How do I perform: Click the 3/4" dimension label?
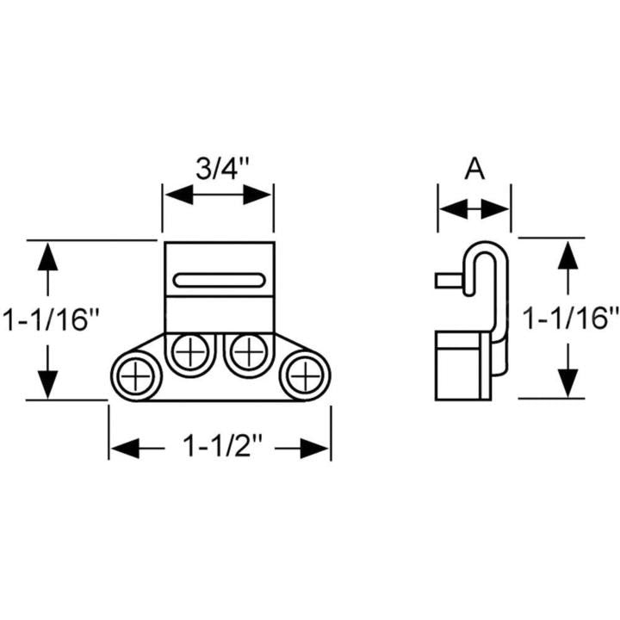pyautogui.click(x=218, y=167)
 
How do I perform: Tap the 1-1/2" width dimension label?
pyautogui.click(x=220, y=448)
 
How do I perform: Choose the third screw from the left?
pyautogui.click(x=248, y=351)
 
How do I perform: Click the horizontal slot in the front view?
pyautogui.click(x=219, y=280)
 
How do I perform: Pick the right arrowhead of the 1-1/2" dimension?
pyautogui.click(x=319, y=448)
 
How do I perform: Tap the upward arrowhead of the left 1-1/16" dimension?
pyautogui.click(x=48, y=255)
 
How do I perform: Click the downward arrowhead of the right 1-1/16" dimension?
pyautogui.click(x=567, y=383)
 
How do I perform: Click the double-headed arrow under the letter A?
pyautogui.click(x=474, y=208)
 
